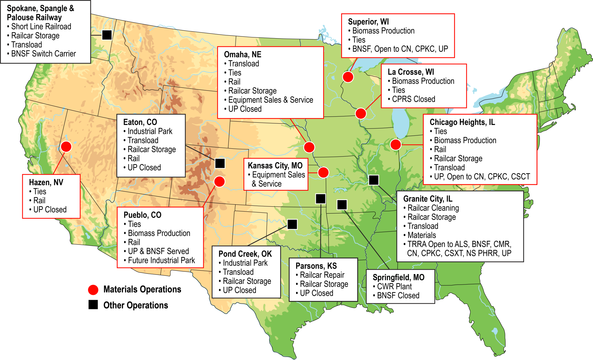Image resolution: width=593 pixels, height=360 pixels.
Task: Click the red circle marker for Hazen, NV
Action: [x=66, y=147]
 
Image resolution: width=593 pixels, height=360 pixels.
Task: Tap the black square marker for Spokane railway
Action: [x=107, y=35]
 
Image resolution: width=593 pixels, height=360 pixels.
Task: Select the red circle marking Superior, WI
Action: [x=348, y=77]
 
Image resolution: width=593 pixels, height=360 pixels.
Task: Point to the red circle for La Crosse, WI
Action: [x=361, y=113]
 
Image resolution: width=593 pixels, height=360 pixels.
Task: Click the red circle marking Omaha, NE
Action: [x=309, y=147]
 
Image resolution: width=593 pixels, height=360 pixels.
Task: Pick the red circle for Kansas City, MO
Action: [x=323, y=172]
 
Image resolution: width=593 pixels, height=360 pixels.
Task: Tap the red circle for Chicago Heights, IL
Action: [x=396, y=144]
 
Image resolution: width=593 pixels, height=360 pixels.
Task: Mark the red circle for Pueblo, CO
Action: [x=219, y=182]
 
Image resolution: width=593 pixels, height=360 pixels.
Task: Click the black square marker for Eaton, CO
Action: [x=220, y=164]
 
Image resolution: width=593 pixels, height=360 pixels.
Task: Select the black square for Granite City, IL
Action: [x=374, y=180]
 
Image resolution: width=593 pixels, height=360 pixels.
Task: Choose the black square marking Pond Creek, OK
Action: [x=292, y=224]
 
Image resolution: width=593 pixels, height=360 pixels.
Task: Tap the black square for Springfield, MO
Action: [x=342, y=205]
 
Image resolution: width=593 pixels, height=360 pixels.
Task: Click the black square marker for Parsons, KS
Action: [x=321, y=199]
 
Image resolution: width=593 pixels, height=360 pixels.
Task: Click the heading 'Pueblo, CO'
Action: [x=142, y=215]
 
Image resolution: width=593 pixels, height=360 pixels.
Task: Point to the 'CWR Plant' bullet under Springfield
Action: [x=394, y=286]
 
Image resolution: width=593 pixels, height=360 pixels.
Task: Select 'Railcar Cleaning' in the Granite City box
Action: [x=433, y=208]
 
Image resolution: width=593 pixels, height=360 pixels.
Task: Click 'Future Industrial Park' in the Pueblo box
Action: [x=161, y=260]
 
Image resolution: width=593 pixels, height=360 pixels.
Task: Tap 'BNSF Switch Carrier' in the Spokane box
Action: [x=43, y=54]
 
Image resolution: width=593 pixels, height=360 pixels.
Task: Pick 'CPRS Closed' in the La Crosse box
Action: [x=413, y=99]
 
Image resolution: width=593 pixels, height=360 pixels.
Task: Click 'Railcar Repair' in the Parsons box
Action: [x=322, y=275]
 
